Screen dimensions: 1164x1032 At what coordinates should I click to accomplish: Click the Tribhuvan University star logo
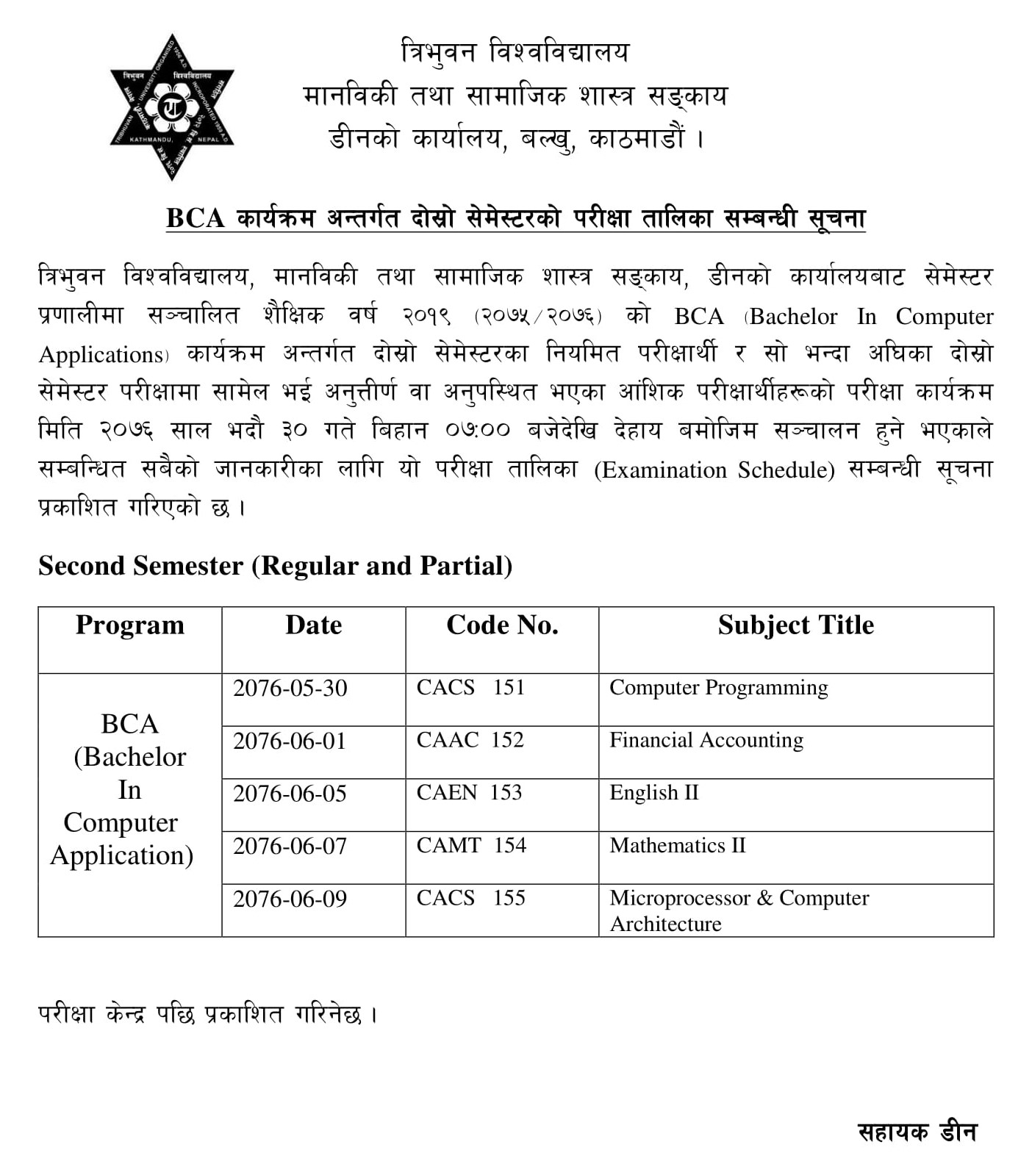click(x=172, y=107)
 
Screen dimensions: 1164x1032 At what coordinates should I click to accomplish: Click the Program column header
click(x=130, y=625)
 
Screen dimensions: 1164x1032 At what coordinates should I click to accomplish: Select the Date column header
click(x=314, y=625)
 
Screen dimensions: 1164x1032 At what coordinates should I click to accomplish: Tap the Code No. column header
click(x=502, y=625)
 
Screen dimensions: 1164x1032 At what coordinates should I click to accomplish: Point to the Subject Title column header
click(x=795, y=625)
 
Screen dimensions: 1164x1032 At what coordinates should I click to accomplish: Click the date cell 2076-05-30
click(x=290, y=689)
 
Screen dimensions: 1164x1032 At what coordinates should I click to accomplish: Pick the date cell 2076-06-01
click(x=290, y=741)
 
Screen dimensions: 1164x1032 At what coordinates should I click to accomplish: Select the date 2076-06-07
click(x=290, y=847)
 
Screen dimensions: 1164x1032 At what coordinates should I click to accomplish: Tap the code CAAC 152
click(x=470, y=740)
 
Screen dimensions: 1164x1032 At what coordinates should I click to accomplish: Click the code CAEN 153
click(x=469, y=793)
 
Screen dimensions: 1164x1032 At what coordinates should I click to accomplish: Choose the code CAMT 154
click(x=471, y=846)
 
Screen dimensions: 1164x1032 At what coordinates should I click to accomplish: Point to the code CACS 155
click(x=470, y=898)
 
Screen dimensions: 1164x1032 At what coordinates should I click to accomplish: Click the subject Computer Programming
click(x=718, y=688)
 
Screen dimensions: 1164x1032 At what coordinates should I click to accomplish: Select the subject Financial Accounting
click(x=706, y=741)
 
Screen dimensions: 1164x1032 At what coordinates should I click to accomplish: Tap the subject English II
click(x=653, y=793)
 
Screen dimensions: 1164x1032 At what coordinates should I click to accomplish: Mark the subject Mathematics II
click(x=677, y=846)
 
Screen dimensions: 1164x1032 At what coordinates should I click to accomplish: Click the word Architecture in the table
click(x=665, y=924)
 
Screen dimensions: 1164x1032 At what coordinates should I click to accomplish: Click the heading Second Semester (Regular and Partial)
click(x=276, y=566)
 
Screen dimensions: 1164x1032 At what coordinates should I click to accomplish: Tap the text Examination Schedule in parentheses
click(x=714, y=470)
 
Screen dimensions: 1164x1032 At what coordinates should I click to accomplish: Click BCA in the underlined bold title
click(x=195, y=218)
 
